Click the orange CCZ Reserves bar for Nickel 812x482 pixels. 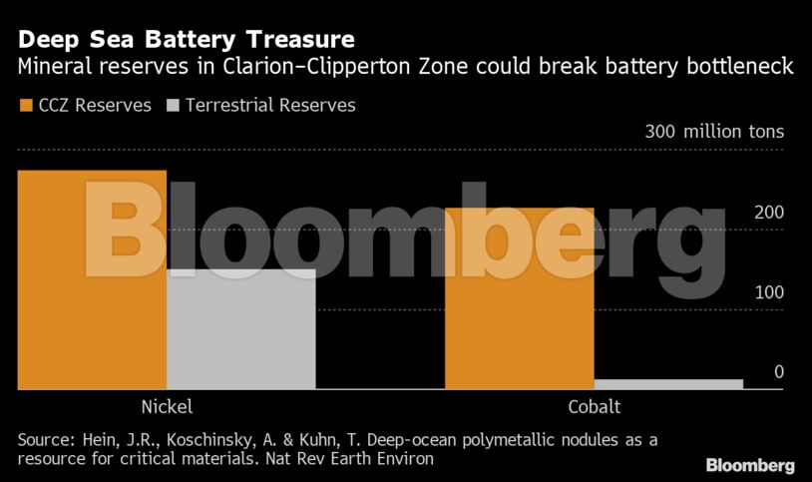[x=92, y=279]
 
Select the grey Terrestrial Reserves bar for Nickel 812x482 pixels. [x=240, y=329]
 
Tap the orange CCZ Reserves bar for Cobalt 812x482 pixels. [x=519, y=298]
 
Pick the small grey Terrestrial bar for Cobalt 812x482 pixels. [x=668, y=383]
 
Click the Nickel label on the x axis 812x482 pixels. [x=167, y=407]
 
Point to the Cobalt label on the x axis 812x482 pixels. [x=594, y=407]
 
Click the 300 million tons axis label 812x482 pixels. [x=714, y=132]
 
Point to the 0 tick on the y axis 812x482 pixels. [x=778, y=372]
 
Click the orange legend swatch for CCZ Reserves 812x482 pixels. [x=25, y=105]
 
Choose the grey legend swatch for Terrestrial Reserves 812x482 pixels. [x=173, y=105]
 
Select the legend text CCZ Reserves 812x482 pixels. [x=95, y=105]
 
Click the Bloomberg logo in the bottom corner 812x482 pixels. [x=749, y=465]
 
